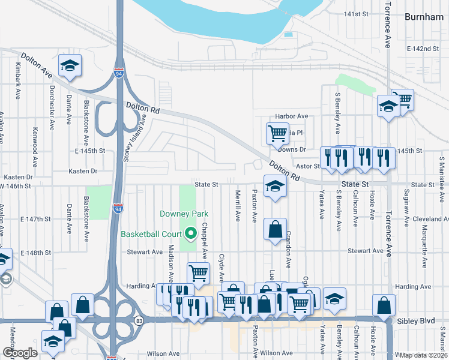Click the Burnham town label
point(424,17)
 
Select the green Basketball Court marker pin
point(191,233)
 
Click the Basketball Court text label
point(152,234)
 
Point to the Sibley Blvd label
point(415,322)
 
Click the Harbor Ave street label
point(291,116)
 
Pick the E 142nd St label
point(418,49)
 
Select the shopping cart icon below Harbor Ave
point(277,132)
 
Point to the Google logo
point(20,352)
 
